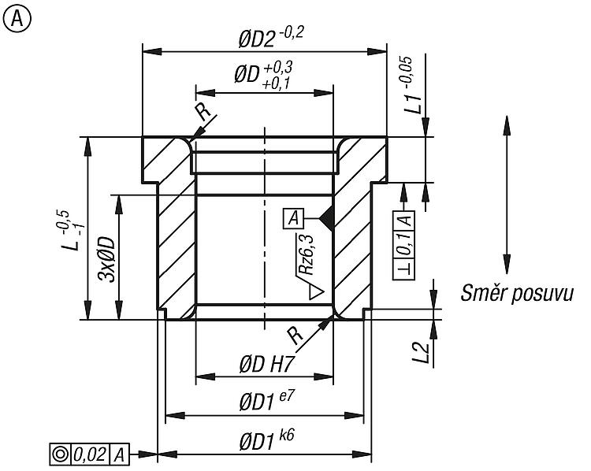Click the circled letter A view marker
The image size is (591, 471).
pos(17,19)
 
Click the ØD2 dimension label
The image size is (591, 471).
pos(270,37)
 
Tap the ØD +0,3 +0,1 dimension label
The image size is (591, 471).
pos(263,76)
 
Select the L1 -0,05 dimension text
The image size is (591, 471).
pos(412,85)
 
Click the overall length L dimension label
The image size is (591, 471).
pos(72,231)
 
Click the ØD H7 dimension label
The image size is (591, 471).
pos(266,364)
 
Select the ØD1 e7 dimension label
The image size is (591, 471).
pos(266,401)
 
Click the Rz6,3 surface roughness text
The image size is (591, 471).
pos(307,254)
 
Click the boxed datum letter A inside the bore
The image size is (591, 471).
pos(294,218)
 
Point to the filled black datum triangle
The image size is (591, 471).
pos(326,218)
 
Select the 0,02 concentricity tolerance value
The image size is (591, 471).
pos(90,454)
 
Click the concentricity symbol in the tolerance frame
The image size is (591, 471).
pos(61,454)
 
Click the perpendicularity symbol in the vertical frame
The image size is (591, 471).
pos(404,270)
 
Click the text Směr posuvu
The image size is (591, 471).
pos(516,294)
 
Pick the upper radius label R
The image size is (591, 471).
pos(203,112)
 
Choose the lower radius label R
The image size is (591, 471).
pos(295,335)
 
